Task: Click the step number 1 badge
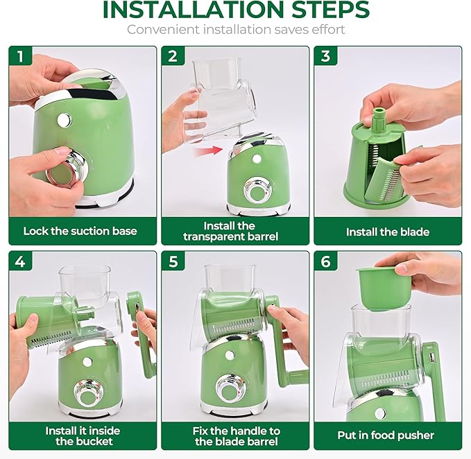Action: pyautogui.click(x=21, y=57)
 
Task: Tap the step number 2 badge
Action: pyautogui.click(x=173, y=57)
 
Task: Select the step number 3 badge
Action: pyautogui.click(x=325, y=57)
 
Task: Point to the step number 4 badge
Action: pyautogui.click(x=21, y=263)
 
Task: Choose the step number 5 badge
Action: pyautogui.click(x=173, y=263)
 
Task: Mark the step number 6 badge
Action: pyautogui.click(x=325, y=263)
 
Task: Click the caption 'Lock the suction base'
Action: pyautogui.click(x=80, y=231)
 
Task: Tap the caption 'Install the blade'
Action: pyautogui.click(x=388, y=232)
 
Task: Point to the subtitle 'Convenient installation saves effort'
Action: pyautogui.click(x=236, y=30)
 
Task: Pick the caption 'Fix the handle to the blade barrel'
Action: pyautogui.click(x=235, y=435)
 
